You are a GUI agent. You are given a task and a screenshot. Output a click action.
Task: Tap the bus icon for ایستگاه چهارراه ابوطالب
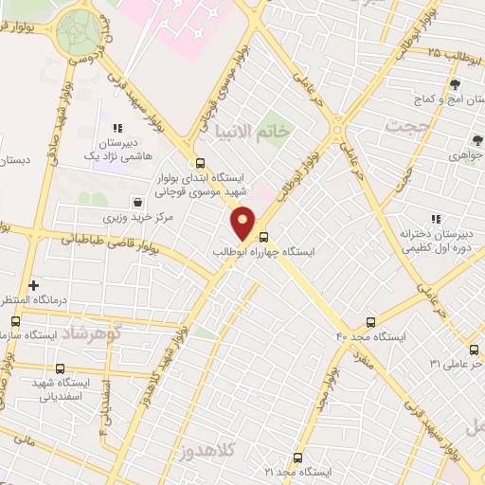pos(263,237)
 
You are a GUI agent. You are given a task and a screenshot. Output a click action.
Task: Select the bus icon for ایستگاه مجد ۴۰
pos(370,322)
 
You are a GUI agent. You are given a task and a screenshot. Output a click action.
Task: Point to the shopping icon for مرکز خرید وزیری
pos(138,202)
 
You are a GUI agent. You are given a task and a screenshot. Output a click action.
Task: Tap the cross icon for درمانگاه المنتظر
pos(34,284)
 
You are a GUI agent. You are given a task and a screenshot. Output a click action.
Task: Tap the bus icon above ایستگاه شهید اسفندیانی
pos(61,368)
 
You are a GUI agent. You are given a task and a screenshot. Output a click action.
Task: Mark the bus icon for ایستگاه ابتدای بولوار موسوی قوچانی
pos(200,163)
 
